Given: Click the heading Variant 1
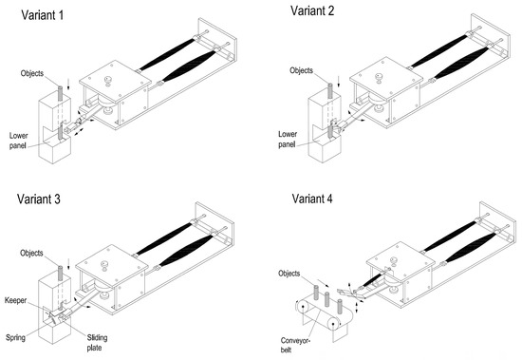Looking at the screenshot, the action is [43, 15].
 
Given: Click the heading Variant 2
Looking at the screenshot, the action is [312, 10].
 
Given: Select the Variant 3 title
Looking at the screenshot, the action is [39, 199].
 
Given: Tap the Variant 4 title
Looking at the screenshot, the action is [312, 199].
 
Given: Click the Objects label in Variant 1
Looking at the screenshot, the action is [32, 73].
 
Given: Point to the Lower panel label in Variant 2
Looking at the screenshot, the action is [288, 140].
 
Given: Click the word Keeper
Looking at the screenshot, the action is [15, 300].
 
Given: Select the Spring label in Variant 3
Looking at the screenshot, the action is [15, 337].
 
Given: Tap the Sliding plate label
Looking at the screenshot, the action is [97, 343].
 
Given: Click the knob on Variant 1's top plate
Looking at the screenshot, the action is [108, 81].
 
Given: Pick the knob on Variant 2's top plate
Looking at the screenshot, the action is [379, 78].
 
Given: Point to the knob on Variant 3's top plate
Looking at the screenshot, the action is [105, 265].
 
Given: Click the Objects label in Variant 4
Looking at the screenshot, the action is [289, 274].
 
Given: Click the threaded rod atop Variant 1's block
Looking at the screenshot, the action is [60, 93].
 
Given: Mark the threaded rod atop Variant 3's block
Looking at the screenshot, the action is [60, 273].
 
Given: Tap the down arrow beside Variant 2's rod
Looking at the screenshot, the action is [338, 82].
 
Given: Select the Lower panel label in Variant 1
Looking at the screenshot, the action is [19, 141].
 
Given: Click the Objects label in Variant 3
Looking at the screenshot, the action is [31, 253].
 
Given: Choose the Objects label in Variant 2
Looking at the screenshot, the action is [301, 70].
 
